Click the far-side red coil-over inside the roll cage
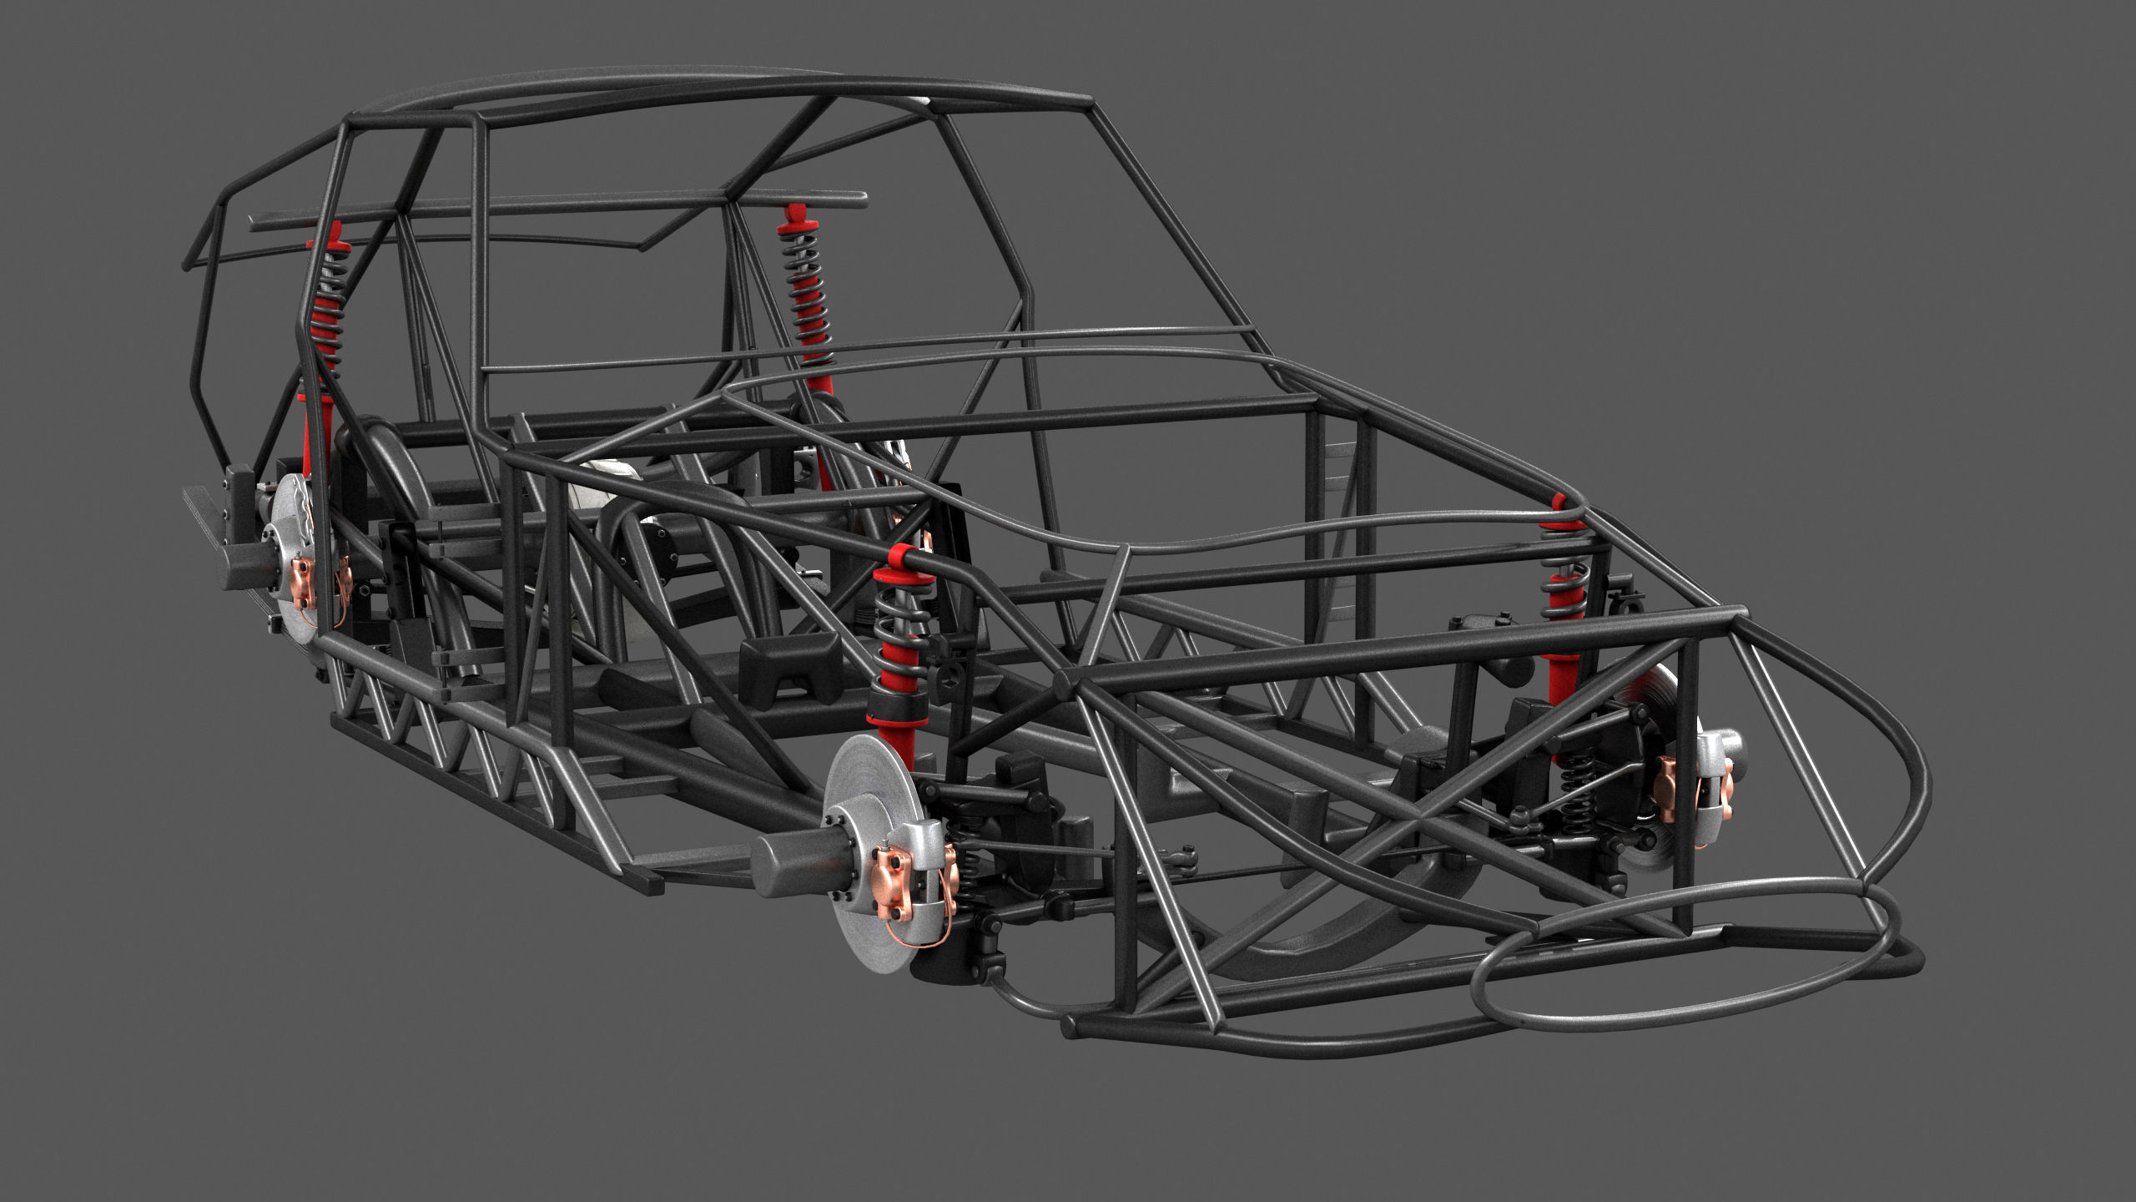point(806,292)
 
